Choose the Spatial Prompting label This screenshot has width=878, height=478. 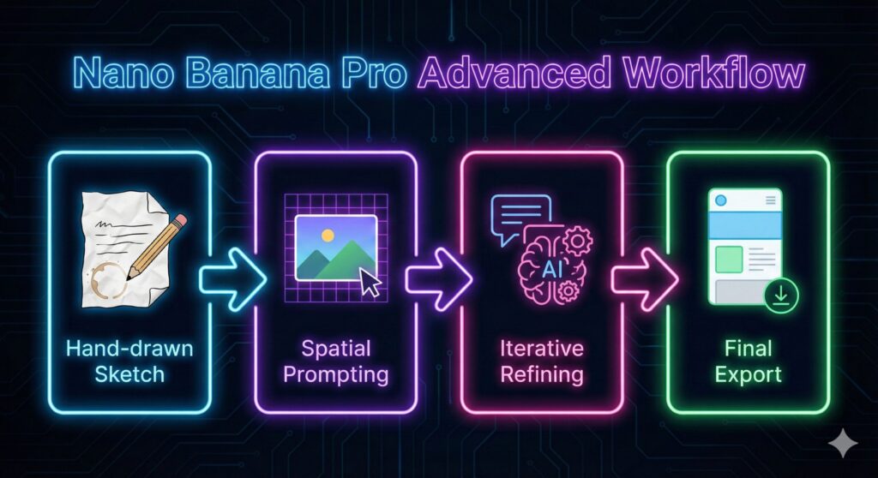tap(335, 361)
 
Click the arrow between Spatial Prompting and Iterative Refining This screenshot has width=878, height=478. tap(436, 278)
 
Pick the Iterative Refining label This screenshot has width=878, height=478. tap(542, 361)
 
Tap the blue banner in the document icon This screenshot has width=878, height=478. tap(744, 226)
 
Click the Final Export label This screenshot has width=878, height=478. tap(748, 361)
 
